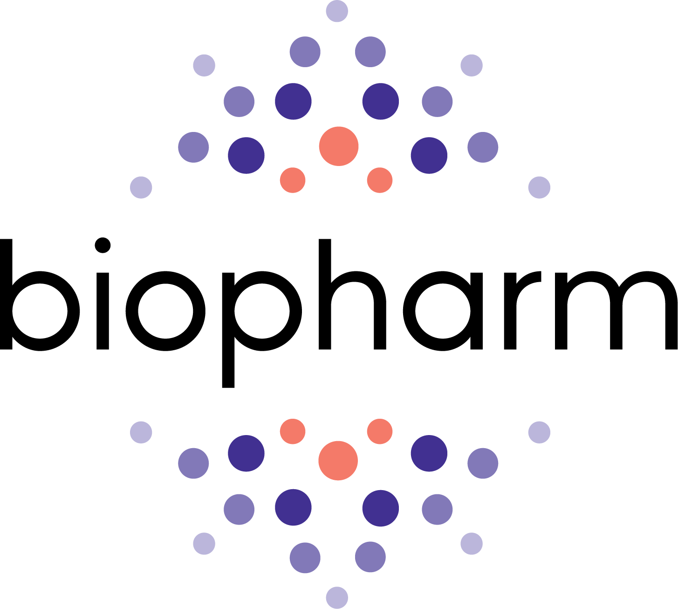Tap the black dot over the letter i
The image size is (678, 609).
[x=103, y=245]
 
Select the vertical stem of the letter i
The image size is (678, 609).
[x=103, y=310]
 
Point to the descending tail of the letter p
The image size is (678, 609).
[x=228, y=368]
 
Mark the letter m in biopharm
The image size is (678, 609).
[x=615, y=310]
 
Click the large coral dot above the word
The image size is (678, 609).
[x=339, y=146]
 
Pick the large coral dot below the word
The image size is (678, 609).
[x=338, y=461]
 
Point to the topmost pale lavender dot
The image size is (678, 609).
[x=337, y=11]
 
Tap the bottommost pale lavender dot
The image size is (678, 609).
[x=337, y=598]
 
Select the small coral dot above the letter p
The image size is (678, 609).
[x=293, y=180]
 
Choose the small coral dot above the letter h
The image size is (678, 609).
[x=380, y=180]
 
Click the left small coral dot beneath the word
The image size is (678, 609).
[x=293, y=431]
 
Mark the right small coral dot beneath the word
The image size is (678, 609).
[x=380, y=431]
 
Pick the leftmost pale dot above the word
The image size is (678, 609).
[x=141, y=187]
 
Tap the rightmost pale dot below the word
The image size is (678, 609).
[x=539, y=433]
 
